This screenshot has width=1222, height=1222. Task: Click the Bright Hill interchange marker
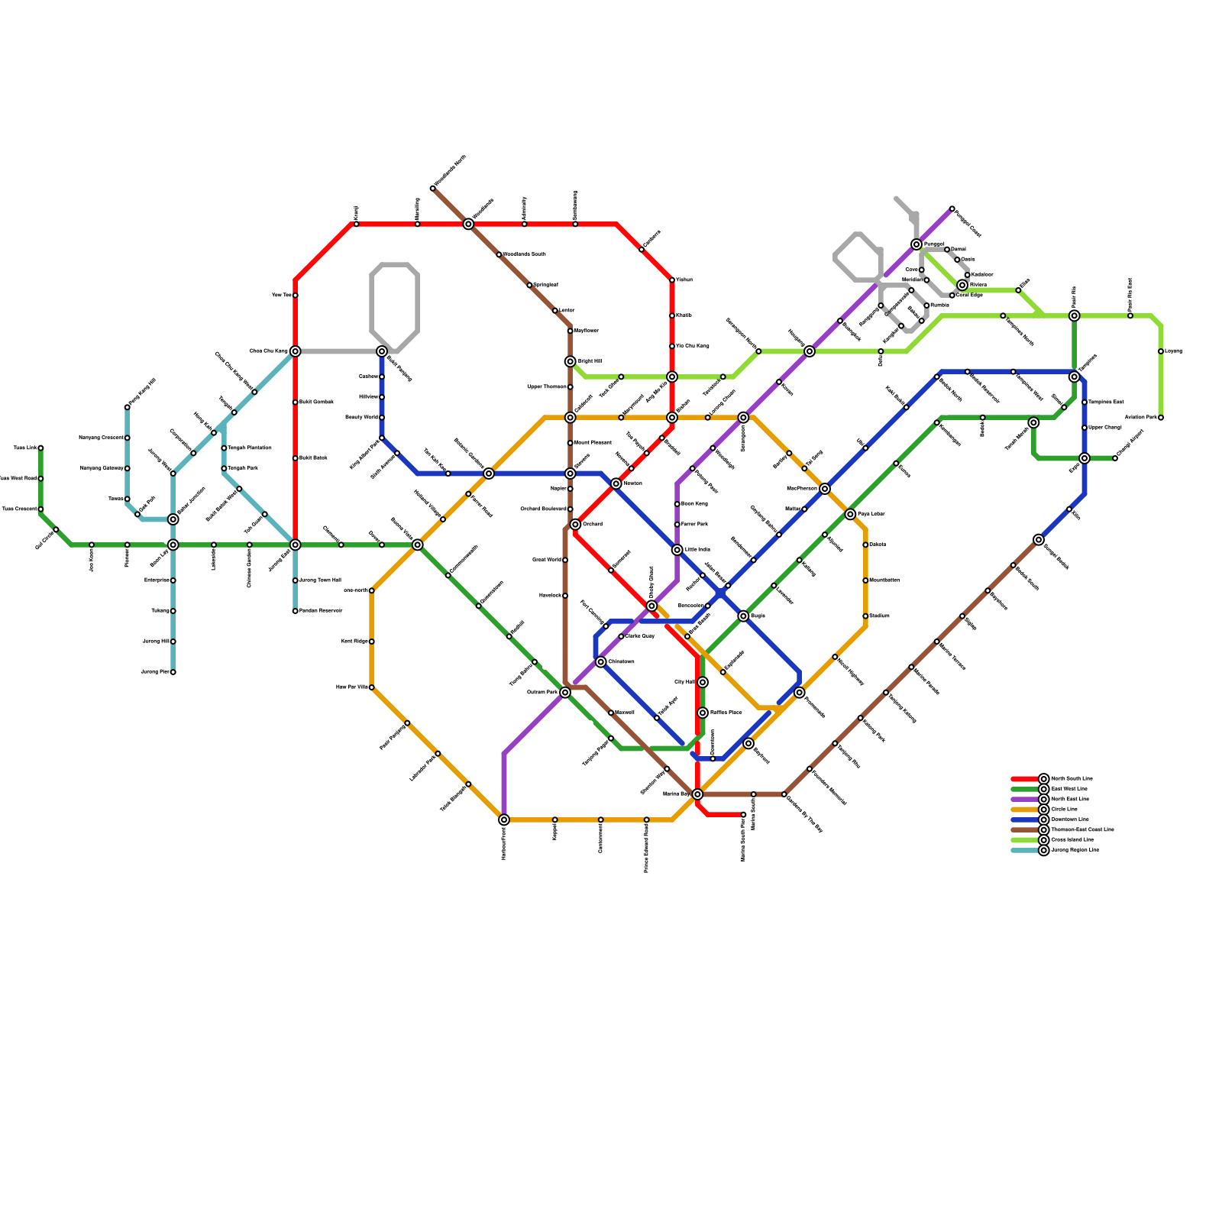tap(571, 361)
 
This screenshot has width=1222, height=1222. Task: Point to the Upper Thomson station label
tap(547, 387)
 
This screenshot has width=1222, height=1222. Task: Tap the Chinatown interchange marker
tap(601, 662)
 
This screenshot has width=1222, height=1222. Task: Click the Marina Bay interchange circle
tap(697, 794)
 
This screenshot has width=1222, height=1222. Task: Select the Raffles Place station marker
tap(703, 713)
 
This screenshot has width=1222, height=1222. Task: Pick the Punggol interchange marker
tap(916, 244)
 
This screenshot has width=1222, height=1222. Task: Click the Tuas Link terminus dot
tap(40, 448)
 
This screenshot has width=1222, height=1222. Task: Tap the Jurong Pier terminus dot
tap(173, 672)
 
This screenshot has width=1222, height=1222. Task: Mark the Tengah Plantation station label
tap(249, 448)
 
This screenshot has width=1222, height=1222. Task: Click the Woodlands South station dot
tap(499, 254)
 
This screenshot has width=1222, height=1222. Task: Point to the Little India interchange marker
tap(677, 550)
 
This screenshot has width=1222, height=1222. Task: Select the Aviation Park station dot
tap(1161, 418)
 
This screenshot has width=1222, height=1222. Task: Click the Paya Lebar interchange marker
tap(850, 514)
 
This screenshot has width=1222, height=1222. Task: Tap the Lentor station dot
tap(555, 311)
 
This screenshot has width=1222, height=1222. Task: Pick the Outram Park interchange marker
tap(565, 693)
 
